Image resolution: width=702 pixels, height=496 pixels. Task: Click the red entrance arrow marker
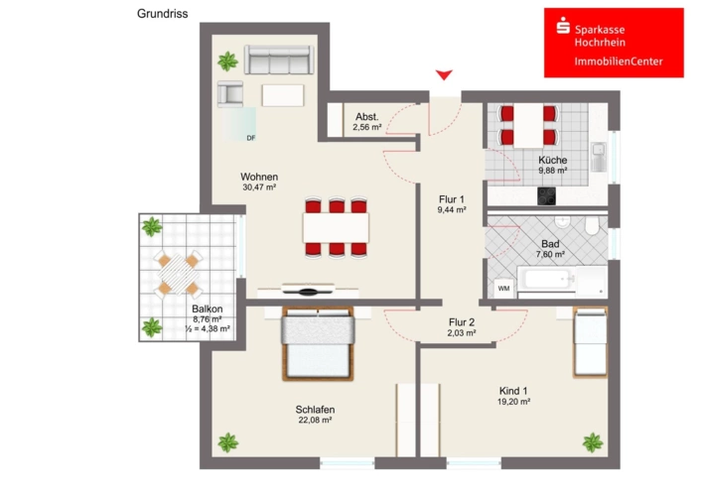(x=444, y=74)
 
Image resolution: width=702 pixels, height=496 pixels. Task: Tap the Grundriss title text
(x=163, y=14)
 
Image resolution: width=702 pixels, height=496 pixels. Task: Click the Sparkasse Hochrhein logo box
(x=614, y=43)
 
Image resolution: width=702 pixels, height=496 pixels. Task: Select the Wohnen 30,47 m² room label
(x=259, y=182)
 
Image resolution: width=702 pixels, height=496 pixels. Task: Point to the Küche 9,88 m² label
(x=553, y=165)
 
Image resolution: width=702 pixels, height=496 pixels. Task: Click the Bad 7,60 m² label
(x=550, y=249)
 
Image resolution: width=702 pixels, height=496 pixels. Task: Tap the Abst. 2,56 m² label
(x=367, y=122)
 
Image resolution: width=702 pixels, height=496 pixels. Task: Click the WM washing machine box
(x=504, y=289)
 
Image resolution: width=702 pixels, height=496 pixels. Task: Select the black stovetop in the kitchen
(x=546, y=196)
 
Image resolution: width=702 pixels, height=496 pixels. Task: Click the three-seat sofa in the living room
(x=279, y=60)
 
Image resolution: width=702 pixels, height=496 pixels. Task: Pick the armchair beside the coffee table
(x=230, y=94)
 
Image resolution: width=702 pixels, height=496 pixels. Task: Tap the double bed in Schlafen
(x=318, y=343)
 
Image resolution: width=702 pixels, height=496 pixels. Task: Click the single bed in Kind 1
(x=590, y=342)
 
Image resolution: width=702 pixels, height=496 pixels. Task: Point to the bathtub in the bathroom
(x=546, y=279)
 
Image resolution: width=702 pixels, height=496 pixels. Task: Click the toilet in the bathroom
(x=592, y=226)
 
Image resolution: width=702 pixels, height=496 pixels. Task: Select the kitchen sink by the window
(x=599, y=157)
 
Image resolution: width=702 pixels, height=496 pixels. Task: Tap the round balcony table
(x=178, y=274)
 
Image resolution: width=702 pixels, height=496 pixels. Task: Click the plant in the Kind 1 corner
(x=593, y=442)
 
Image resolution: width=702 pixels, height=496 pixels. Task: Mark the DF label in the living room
(x=251, y=138)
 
